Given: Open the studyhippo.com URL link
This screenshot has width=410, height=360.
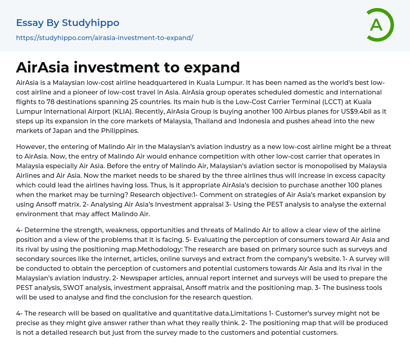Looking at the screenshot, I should point(105,38).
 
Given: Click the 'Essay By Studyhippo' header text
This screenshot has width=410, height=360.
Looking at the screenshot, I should point(68,23).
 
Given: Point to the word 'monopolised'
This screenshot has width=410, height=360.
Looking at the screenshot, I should point(300,166).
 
